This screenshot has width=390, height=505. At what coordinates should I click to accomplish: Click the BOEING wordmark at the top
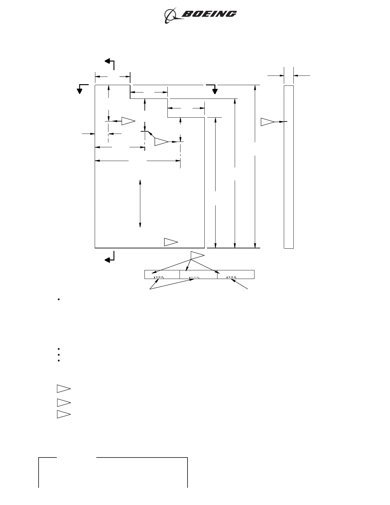(x=209, y=14)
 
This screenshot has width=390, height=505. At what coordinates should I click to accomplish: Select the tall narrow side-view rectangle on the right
(x=289, y=166)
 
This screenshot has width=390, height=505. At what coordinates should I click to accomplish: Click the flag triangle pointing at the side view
(x=267, y=122)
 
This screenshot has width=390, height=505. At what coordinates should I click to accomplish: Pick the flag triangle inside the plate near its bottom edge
(x=171, y=242)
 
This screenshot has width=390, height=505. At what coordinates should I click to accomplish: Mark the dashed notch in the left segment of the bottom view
(x=159, y=277)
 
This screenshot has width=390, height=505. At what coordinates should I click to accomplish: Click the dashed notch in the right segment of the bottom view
(x=231, y=277)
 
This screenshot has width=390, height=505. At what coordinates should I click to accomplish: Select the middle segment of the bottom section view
(x=198, y=274)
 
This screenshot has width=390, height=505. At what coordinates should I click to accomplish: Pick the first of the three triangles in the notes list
(x=63, y=389)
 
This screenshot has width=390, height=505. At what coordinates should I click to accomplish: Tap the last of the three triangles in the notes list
(x=63, y=414)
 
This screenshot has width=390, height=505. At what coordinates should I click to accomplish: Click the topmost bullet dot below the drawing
(x=59, y=300)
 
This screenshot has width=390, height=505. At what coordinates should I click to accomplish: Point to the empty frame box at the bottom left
(x=113, y=473)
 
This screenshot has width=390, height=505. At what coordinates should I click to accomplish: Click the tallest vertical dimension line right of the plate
(x=255, y=166)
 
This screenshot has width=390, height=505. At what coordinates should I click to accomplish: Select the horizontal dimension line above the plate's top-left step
(x=113, y=77)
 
